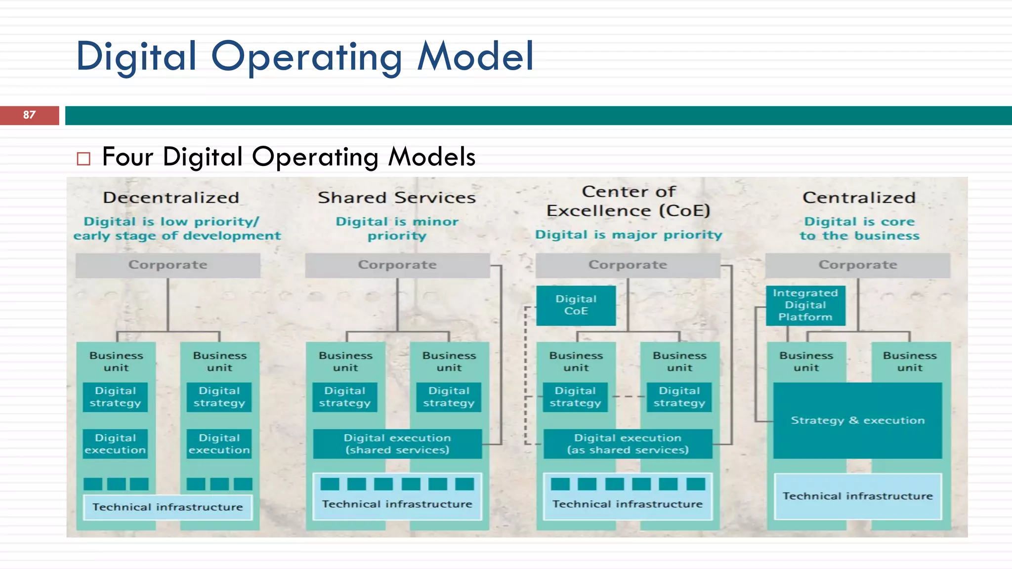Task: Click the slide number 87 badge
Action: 29,115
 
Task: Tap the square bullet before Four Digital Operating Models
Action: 84,159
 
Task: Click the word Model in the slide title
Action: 475,56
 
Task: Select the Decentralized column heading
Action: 171,198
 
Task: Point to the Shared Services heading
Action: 397,198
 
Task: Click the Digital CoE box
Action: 576,305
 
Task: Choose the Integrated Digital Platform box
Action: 805,305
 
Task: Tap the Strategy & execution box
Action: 857,420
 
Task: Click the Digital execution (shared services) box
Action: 397,444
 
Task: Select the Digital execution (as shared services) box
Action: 628,444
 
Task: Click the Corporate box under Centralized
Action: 857,265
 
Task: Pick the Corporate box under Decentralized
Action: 168,265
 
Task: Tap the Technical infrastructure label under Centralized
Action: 857,496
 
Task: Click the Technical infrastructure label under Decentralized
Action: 168,507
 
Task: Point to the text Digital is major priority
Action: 629,235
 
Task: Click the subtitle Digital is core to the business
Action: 859,229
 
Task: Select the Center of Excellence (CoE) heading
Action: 628,201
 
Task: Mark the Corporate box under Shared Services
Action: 397,265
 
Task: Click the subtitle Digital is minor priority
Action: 397,229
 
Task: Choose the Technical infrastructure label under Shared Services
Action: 397,504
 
